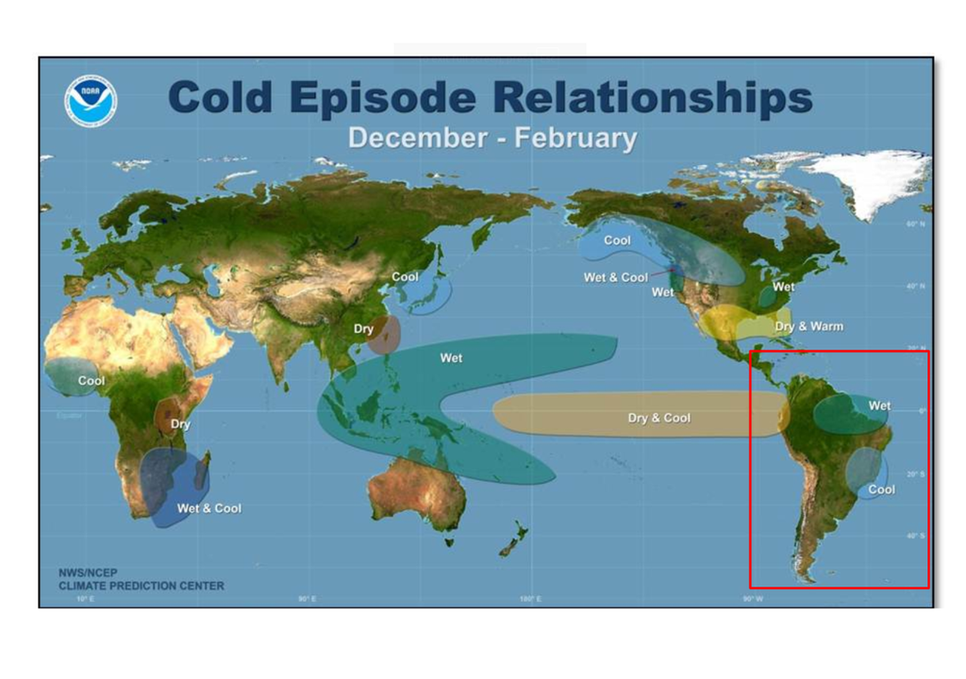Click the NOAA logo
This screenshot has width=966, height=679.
pos(91,101)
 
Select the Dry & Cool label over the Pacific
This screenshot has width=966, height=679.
pos(658,418)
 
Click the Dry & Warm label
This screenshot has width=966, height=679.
pos(808,326)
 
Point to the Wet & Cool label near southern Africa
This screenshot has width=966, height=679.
pos(208,508)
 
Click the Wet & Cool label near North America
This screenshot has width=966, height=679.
pos(615,277)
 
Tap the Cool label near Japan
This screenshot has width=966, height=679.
pos(405,277)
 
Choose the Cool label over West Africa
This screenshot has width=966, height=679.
pos(92,381)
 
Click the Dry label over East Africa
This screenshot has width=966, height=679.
pos(180,424)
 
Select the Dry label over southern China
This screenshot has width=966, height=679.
pos(363,329)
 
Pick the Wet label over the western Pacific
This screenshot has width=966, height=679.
pos(451,358)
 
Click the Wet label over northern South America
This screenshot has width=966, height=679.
pos(879,406)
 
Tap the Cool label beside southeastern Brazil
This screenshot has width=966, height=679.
pos(881,489)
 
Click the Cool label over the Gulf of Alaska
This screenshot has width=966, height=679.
pos(617,240)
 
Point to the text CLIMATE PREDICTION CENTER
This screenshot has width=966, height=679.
pos(142,586)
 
